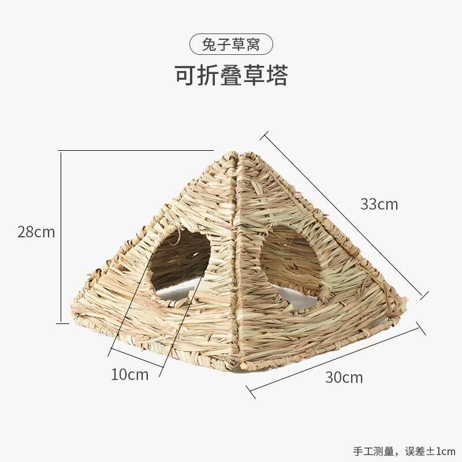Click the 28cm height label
click(36, 232)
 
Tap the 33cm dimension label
click(379, 204)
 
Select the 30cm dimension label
click(344, 377)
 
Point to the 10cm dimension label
click(129, 374)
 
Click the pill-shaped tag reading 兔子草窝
click(231, 45)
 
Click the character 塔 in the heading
click(277, 76)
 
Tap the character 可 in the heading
click(186, 76)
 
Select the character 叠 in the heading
click(232, 76)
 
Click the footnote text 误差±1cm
click(430, 451)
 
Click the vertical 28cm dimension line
click(61, 237)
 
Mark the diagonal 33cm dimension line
click(345, 215)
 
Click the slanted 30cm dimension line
click(336, 360)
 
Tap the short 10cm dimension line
click(136, 358)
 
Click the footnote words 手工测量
click(374, 451)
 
